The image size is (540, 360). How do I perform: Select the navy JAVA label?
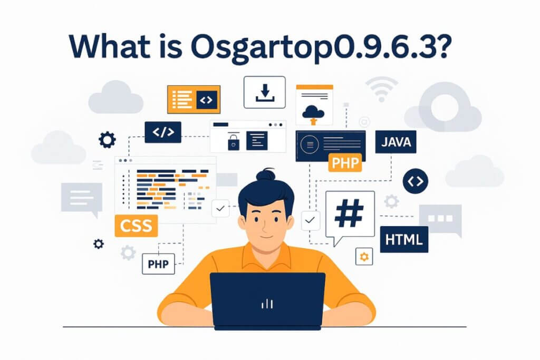pyautogui.click(x=396, y=142)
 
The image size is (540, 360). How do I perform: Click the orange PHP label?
pyautogui.click(x=345, y=162)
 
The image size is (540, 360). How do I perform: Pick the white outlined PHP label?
pyautogui.click(x=158, y=264)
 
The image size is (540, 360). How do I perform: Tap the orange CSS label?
pyautogui.click(x=136, y=226)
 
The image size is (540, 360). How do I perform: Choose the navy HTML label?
pyautogui.click(x=404, y=240)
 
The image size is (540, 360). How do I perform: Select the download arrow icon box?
pyautogui.click(x=264, y=92)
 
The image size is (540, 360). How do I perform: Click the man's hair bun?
pyautogui.click(x=267, y=174)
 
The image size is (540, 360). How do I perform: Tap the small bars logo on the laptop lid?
pyautogui.click(x=267, y=304)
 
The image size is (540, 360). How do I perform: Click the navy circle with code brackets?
pyautogui.click(x=416, y=181)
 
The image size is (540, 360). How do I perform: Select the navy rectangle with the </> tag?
pyautogui.click(x=163, y=132)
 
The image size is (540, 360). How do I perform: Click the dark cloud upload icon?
pyautogui.click(x=314, y=112)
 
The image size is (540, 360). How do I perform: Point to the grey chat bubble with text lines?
pyautogui.click(x=81, y=198)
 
